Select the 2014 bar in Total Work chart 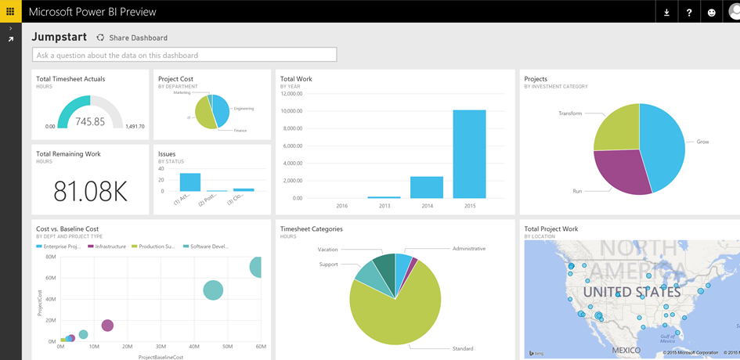426,188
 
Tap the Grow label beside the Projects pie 702,142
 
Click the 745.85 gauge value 90,122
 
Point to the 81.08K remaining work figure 90,190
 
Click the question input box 184,55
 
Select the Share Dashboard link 138,38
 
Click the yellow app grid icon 10,11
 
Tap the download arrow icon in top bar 666,12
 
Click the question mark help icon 689,12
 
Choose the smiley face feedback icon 711,12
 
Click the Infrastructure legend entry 110,247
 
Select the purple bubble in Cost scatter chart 107,325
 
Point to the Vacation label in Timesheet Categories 327,250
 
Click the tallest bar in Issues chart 190,182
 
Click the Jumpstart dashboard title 59,37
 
